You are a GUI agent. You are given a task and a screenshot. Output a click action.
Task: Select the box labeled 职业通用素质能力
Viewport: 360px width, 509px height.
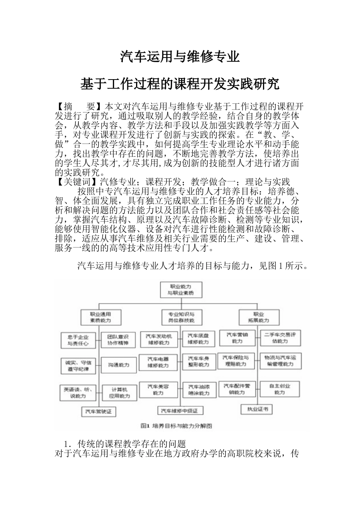100,317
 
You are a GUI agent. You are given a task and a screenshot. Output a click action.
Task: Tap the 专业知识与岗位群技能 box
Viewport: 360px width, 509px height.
181,317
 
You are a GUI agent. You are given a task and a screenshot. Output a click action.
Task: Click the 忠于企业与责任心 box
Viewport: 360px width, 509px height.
78,340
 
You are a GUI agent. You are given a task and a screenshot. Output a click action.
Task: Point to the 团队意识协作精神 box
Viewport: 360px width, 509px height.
118,340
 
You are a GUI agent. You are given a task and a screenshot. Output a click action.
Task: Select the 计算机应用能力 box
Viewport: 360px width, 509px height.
119,392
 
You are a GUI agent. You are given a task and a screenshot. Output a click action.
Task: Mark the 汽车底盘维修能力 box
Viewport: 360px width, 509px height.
198,339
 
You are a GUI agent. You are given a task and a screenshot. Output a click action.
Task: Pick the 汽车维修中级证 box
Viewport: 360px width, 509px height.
182,411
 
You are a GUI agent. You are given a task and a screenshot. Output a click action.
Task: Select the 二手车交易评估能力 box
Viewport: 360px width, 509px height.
280,338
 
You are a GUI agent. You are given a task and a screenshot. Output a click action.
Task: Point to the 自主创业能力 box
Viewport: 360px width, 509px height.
280,389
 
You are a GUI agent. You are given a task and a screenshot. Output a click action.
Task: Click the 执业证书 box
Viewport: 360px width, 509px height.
258,409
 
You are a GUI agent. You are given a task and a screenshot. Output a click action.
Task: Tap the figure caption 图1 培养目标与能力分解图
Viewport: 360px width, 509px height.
176,426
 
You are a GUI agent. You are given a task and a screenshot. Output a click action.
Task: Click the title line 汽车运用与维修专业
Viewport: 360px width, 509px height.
180,56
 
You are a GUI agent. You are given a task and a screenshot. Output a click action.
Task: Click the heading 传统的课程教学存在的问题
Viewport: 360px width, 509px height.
131,443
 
